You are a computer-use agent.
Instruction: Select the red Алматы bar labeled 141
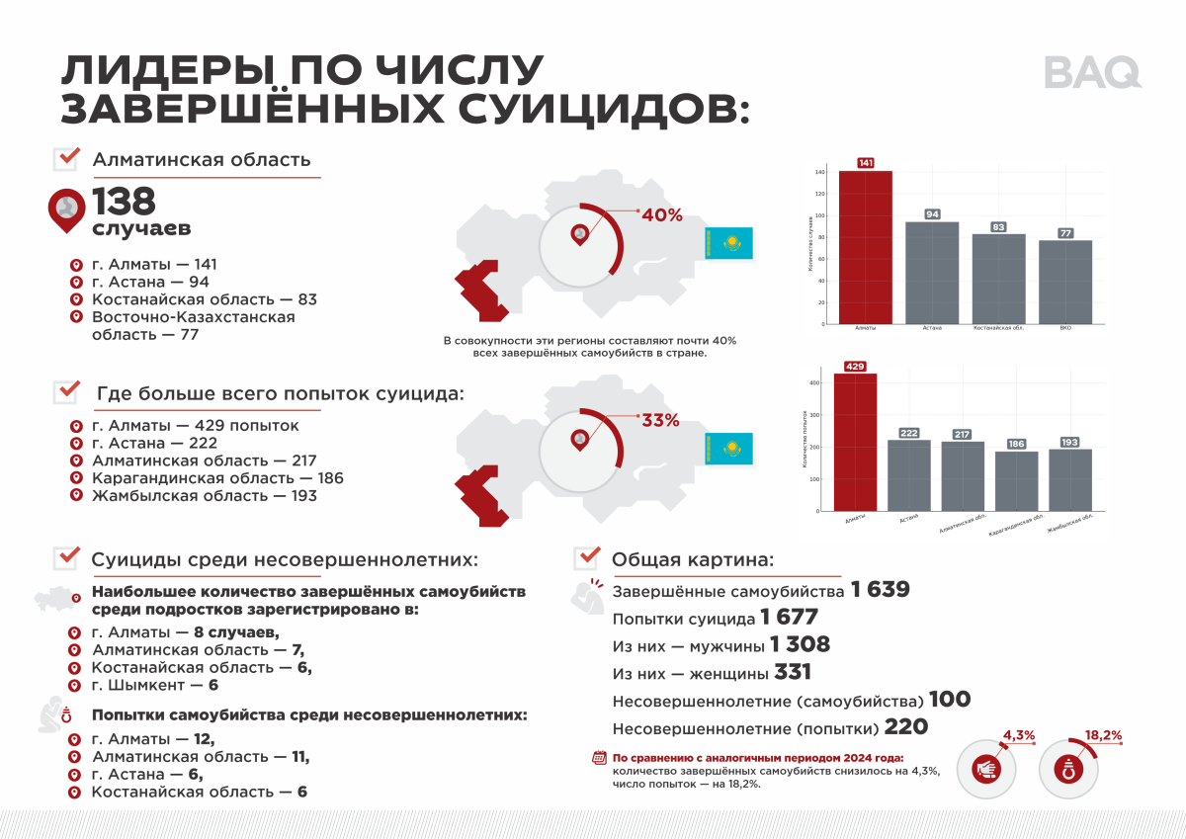(x=866, y=247)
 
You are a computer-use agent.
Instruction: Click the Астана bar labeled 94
(x=932, y=273)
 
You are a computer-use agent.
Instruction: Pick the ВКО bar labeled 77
(x=1065, y=282)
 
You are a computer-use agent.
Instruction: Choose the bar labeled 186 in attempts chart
(x=1016, y=481)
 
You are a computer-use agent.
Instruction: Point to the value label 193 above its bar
(x=1069, y=442)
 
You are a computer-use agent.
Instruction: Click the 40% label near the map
(x=662, y=215)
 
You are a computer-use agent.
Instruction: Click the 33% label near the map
(x=660, y=420)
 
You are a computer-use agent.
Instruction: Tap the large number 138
(x=125, y=203)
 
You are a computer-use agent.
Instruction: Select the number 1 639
(x=880, y=591)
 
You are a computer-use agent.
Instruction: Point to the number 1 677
(x=790, y=619)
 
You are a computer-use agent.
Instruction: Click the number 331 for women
(x=793, y=673)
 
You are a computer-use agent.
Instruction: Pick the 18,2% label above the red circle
(x=1103, y=736)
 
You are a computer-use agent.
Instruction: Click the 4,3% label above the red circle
(x=1019, y=735)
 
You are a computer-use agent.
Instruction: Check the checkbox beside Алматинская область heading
(x=66, y=158)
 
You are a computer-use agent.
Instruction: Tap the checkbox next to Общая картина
(x=587, y=558)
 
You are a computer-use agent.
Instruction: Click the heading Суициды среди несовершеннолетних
(x=285, y=559)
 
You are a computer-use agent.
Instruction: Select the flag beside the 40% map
(x=728, y=243)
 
